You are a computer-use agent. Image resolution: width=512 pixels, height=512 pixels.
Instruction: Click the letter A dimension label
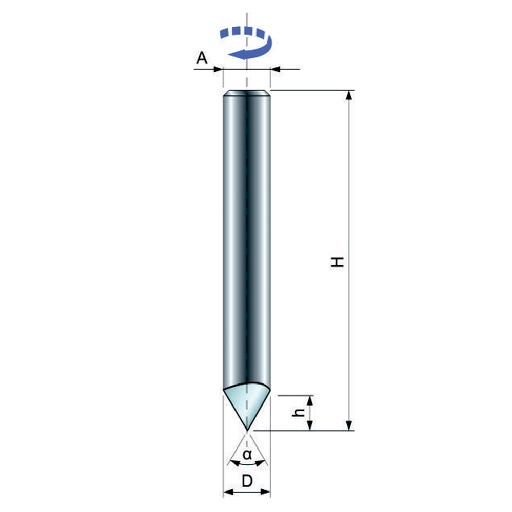202,58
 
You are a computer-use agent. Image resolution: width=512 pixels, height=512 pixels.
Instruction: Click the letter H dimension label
337,262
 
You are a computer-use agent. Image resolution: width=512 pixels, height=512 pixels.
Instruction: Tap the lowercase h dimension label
298,412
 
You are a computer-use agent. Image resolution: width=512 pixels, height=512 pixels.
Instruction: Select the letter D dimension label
247,481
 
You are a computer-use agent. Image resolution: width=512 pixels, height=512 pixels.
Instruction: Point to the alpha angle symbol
247,454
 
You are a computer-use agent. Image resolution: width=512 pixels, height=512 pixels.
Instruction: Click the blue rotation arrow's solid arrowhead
238,54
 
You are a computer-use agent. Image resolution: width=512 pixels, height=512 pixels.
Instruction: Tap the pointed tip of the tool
247,430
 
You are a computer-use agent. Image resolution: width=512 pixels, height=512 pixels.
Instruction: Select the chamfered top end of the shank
247,93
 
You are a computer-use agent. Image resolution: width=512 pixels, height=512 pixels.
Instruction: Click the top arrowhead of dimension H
349,95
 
